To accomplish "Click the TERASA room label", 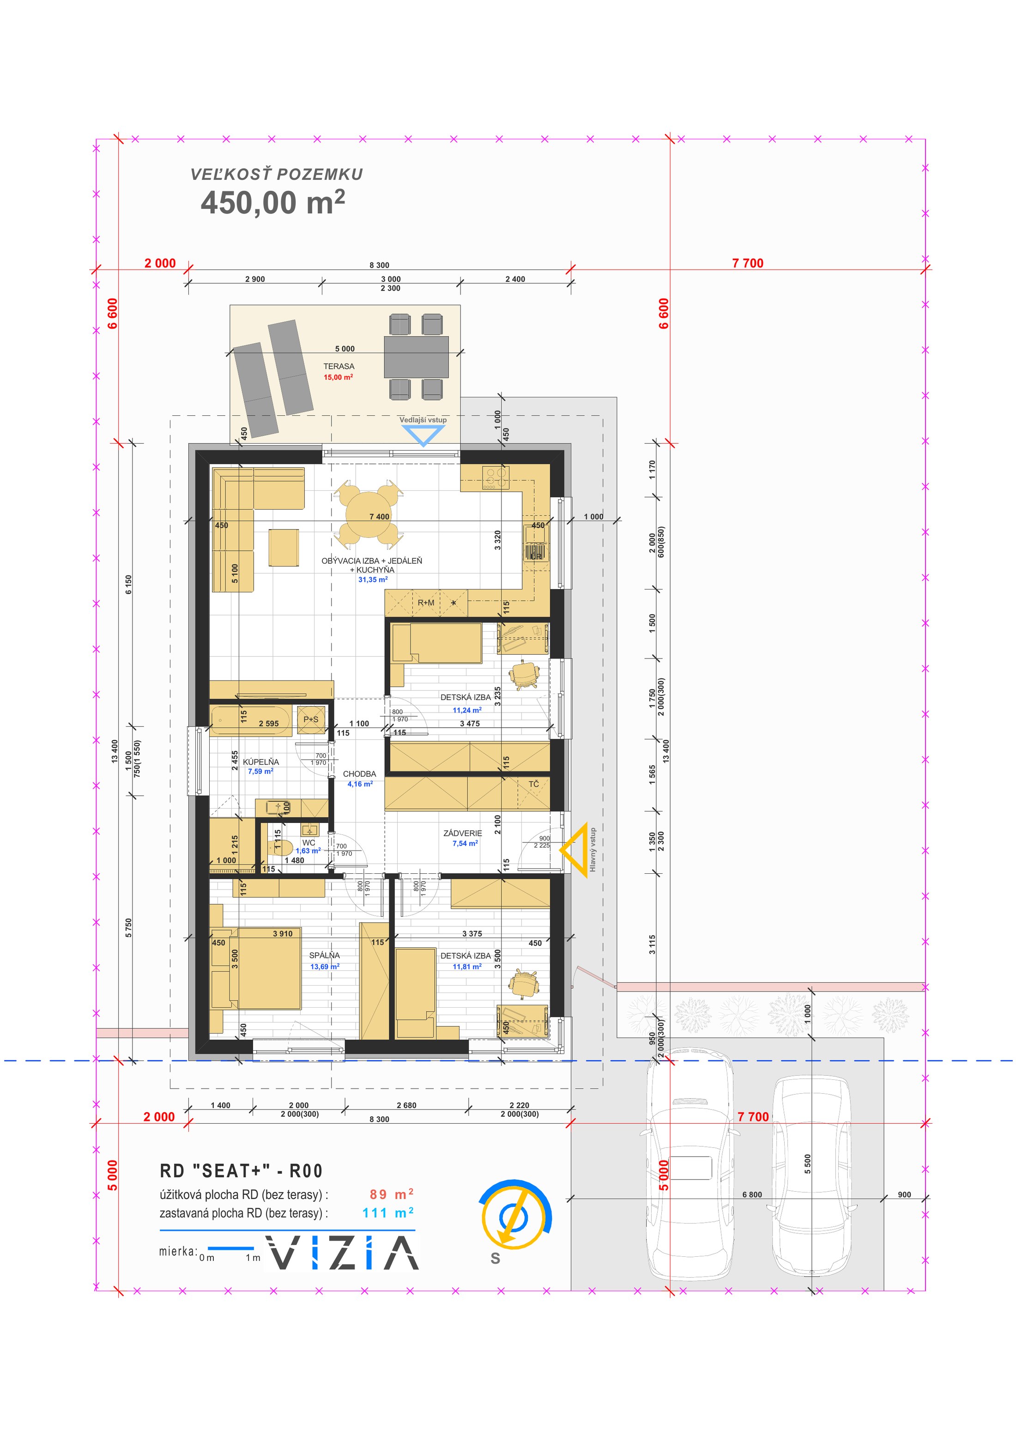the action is pyautogui.click(x=339, y=366).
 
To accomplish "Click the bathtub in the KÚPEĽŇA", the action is pyautogui.click(x=251, y=722).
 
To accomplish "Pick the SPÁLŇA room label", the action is pyautogui.click(x=325, y=955).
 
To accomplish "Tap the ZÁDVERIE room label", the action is pyautogui.click(x=463, y=833).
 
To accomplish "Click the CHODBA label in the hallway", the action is pyautogui.click(x=360, y=773).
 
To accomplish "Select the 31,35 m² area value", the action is pyautogui.click(x=373, y=579).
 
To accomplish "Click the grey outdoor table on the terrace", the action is pyautogui.click(x=416, y=357).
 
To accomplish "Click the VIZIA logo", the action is pyautogui.click(x=342, y=1252).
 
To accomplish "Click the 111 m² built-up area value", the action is pyautogui.click(x=388, y=1213).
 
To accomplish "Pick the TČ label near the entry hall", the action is pyautogui.click(x=534, y=784).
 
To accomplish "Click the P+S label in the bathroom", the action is pyautogui.click(x=311, y=719).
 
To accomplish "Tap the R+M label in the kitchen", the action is pyautogui.click(x=426, y=603).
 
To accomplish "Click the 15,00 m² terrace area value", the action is pyautogui.click(x=339, y=378).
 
